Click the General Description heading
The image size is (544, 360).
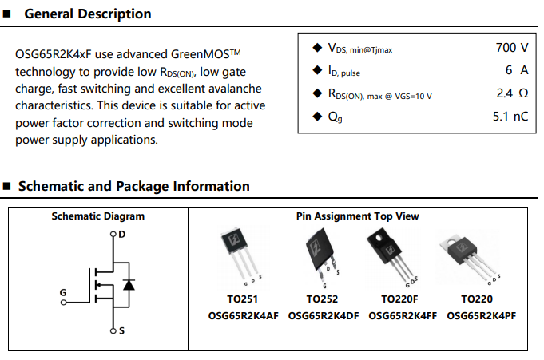pyautogui.click(x=88, y=14)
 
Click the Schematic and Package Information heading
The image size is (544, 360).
pyautogui.click(x=133, y=186)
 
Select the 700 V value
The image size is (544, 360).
pyautogui.click(x=511, y=48)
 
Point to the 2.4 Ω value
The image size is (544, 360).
pyautogui.click(x=512, y=93)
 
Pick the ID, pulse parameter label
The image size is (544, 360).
pyautogui.click(x=344, y=71)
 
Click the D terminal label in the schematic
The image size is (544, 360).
pyautogui.click(x=121, y=235)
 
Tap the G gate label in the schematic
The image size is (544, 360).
pyautogui.click(x=63, y=293)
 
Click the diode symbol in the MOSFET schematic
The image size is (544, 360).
pyautogui.click(x=130, y=283)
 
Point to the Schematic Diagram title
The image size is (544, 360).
pyautogui.click(x=98, y=216)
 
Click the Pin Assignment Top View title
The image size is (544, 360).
pyautogui.click(x=357, y=216)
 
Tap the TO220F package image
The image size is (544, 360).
pyautogui.click(x=393, y=254)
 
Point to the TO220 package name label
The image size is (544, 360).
pyautogui.click(x=477, y=299)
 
